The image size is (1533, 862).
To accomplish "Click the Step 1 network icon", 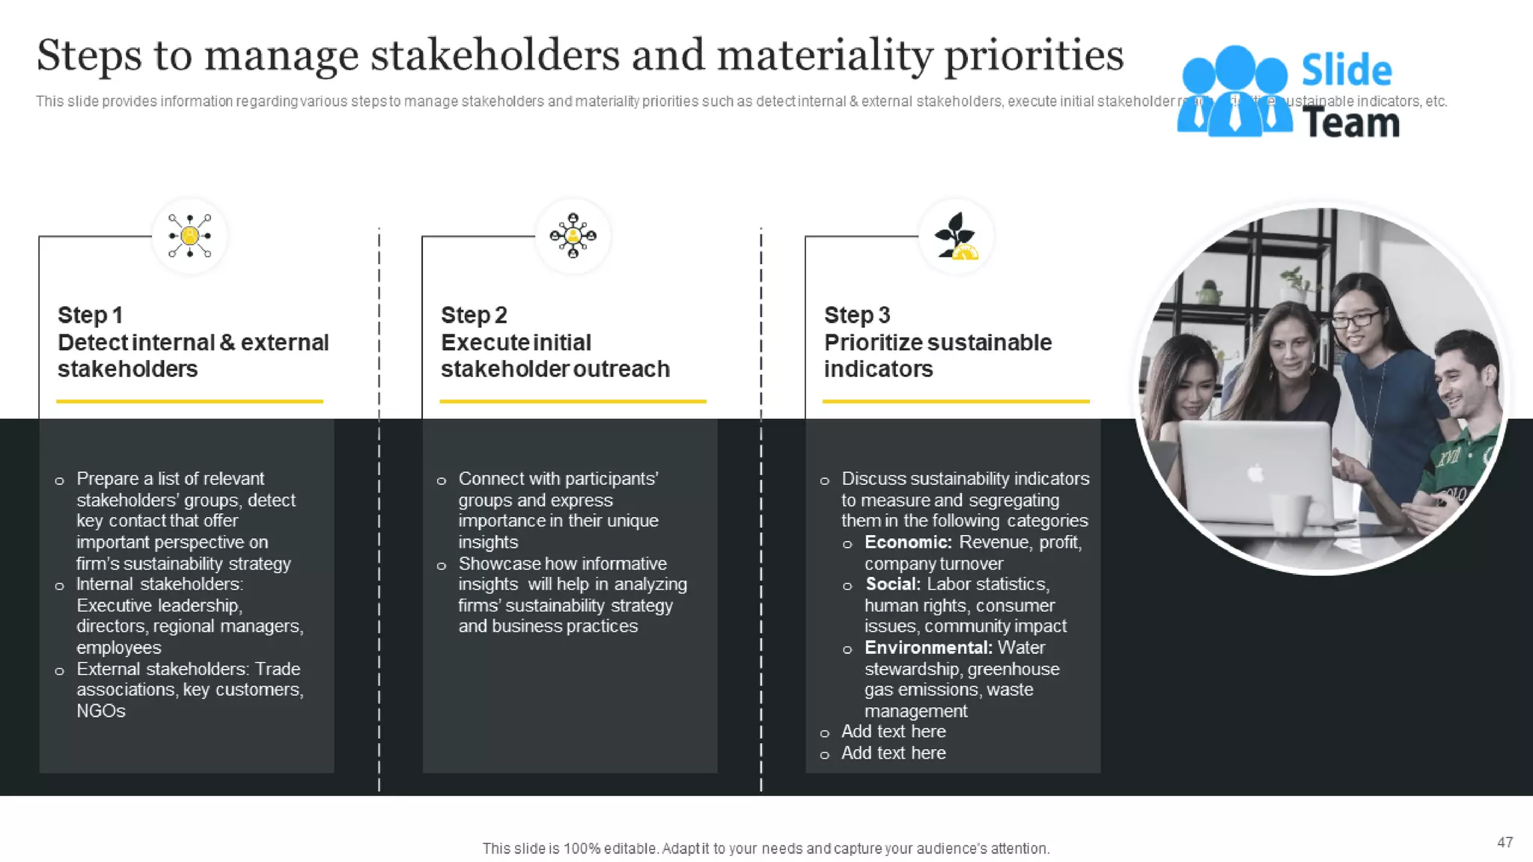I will pos(189,236).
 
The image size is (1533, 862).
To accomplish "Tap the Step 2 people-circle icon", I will pos(573,236).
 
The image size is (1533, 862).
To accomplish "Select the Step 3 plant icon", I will pos(956,236).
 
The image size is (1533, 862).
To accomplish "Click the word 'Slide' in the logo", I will pos(1346,71).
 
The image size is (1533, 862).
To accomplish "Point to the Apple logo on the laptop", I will pos(1256,473).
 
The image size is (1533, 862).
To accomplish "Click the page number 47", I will pos(1505,843).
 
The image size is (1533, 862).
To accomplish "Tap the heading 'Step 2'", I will pos(474,315).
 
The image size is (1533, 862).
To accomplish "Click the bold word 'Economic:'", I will pos(908,542).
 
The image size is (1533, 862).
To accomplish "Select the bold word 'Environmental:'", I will pos(928,647).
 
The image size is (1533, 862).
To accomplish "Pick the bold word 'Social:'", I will pos(893,584).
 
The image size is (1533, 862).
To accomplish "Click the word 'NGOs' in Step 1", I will pos(101,711).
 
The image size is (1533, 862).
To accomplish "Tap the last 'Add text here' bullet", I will pos(893,753).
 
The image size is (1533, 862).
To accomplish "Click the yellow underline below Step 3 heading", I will pos(956,401).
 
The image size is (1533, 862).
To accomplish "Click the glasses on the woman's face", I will pos(1355,320).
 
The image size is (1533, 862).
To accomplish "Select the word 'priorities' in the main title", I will pos(1034,55).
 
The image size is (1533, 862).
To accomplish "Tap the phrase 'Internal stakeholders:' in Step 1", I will pos(159,584).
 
